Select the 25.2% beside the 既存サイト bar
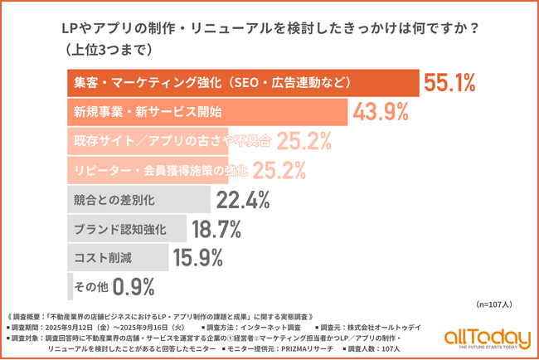(304, 141)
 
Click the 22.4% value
(244, 199)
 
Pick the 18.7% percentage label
(216, 228)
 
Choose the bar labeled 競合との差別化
(137, 199)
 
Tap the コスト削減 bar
(116, 257)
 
